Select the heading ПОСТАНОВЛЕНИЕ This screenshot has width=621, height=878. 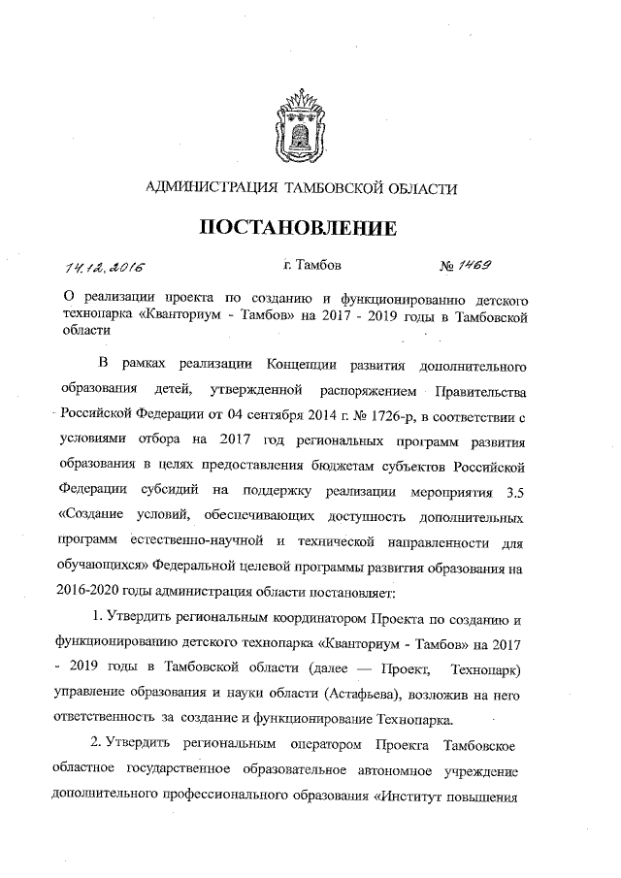coord(300,229)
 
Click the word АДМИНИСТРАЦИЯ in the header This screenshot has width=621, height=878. coord(209,186)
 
